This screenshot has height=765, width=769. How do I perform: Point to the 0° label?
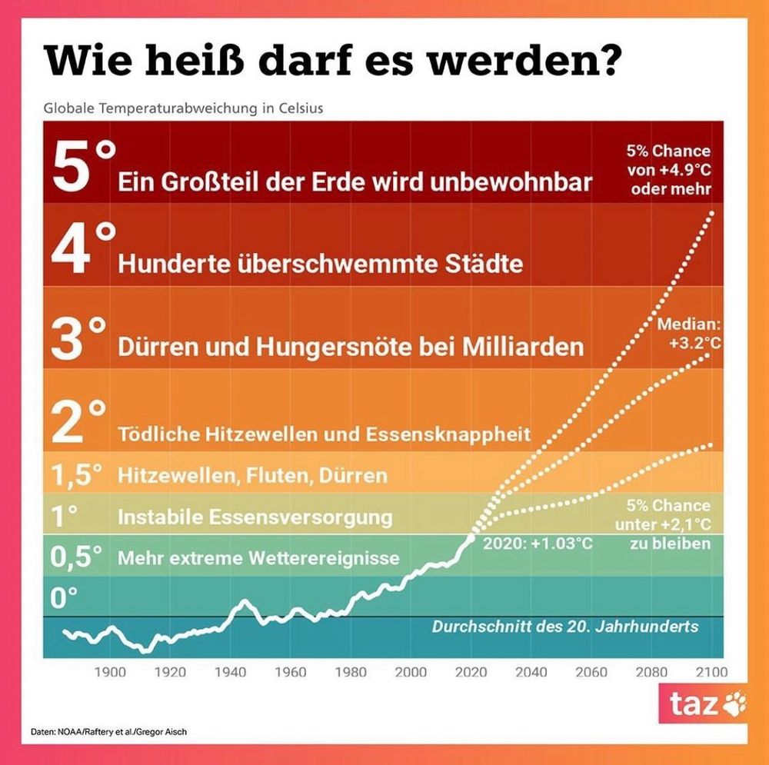pyautogui.click(x=65, y=596)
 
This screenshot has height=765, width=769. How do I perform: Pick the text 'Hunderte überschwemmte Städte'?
pyautogui.click(x=320, y=264)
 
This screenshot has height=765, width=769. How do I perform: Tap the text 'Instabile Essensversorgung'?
pyautogui.click(x=255, y=517)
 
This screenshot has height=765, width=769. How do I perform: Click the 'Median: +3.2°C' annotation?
pyautogui.click(x=687, y=334)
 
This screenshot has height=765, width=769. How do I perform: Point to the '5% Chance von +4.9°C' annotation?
pyautogui.click(x=668, y=170)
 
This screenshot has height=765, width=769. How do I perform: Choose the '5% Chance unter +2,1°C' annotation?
pyautogui.click(x=667, y=524)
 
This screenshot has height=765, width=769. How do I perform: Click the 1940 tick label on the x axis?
pyautogui.click(x=229, y=672)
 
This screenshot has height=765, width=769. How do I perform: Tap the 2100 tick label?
pyautogui.click(x=711, y=672)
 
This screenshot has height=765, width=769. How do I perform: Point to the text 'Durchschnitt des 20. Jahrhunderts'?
pyautogui.click(x=565, y=627)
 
